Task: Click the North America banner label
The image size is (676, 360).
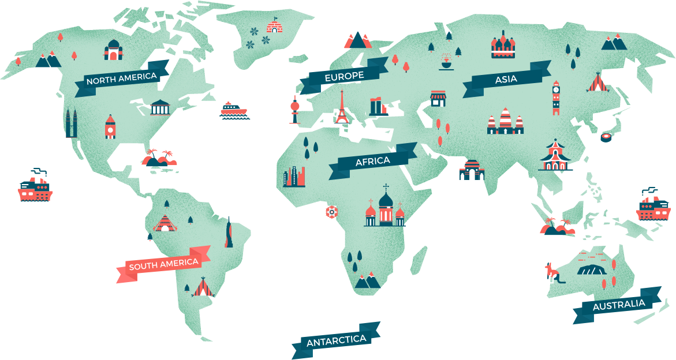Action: [121, 78]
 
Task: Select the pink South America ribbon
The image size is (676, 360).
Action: [163, 265]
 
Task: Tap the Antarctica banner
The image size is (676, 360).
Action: [336, 340]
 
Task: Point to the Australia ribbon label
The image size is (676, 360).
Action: [618, 304]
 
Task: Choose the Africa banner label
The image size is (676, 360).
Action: [372, 161]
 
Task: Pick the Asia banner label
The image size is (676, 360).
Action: [506, 79]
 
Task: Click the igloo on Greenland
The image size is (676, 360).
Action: [274, 27]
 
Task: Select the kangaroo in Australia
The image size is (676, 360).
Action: [552, 273]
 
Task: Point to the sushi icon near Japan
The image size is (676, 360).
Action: [606, 137]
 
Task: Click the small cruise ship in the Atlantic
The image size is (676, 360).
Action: [233, 110]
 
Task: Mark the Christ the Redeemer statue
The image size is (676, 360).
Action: [229, 232]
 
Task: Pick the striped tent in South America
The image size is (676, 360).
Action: [203, 287]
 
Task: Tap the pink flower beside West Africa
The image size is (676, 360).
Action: [331, 212]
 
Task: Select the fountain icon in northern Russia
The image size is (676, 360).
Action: [445, 62]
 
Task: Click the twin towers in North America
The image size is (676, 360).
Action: [71, 123]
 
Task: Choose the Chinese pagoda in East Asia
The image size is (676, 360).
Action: [555, 155]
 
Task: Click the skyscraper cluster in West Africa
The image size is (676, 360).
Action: [294, 177]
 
